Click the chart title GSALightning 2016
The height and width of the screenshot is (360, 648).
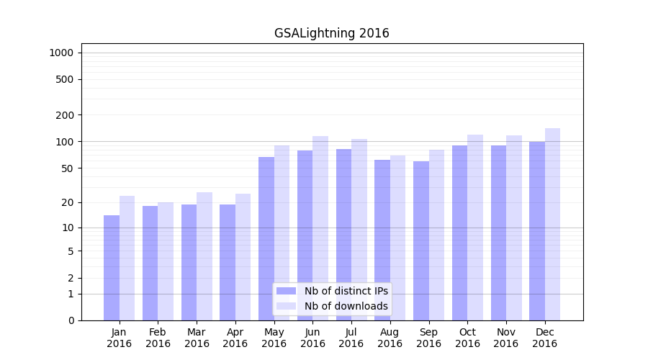(331, 33)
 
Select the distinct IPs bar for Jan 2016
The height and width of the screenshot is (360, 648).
(112, 268)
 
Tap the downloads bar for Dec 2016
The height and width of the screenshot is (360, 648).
(552, 224)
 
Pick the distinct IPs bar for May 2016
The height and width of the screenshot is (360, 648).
(266, 238)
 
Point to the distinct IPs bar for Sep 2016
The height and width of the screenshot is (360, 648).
(420, 240)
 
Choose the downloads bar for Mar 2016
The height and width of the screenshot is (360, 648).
(204, 256)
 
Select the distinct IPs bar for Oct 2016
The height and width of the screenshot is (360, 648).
(459, 233)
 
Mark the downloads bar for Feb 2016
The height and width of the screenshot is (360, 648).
(166, 261)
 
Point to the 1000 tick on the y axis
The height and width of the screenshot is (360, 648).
(61, 53)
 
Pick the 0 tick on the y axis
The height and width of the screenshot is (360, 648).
(71, 320)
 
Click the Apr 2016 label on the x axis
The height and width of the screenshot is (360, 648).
(235, 338)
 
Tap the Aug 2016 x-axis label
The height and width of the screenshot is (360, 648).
(390, 338)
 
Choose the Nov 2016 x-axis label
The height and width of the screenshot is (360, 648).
(506, 338)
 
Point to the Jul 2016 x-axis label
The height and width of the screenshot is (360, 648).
(351, 338)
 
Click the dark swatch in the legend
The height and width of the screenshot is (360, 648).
(286, 291)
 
